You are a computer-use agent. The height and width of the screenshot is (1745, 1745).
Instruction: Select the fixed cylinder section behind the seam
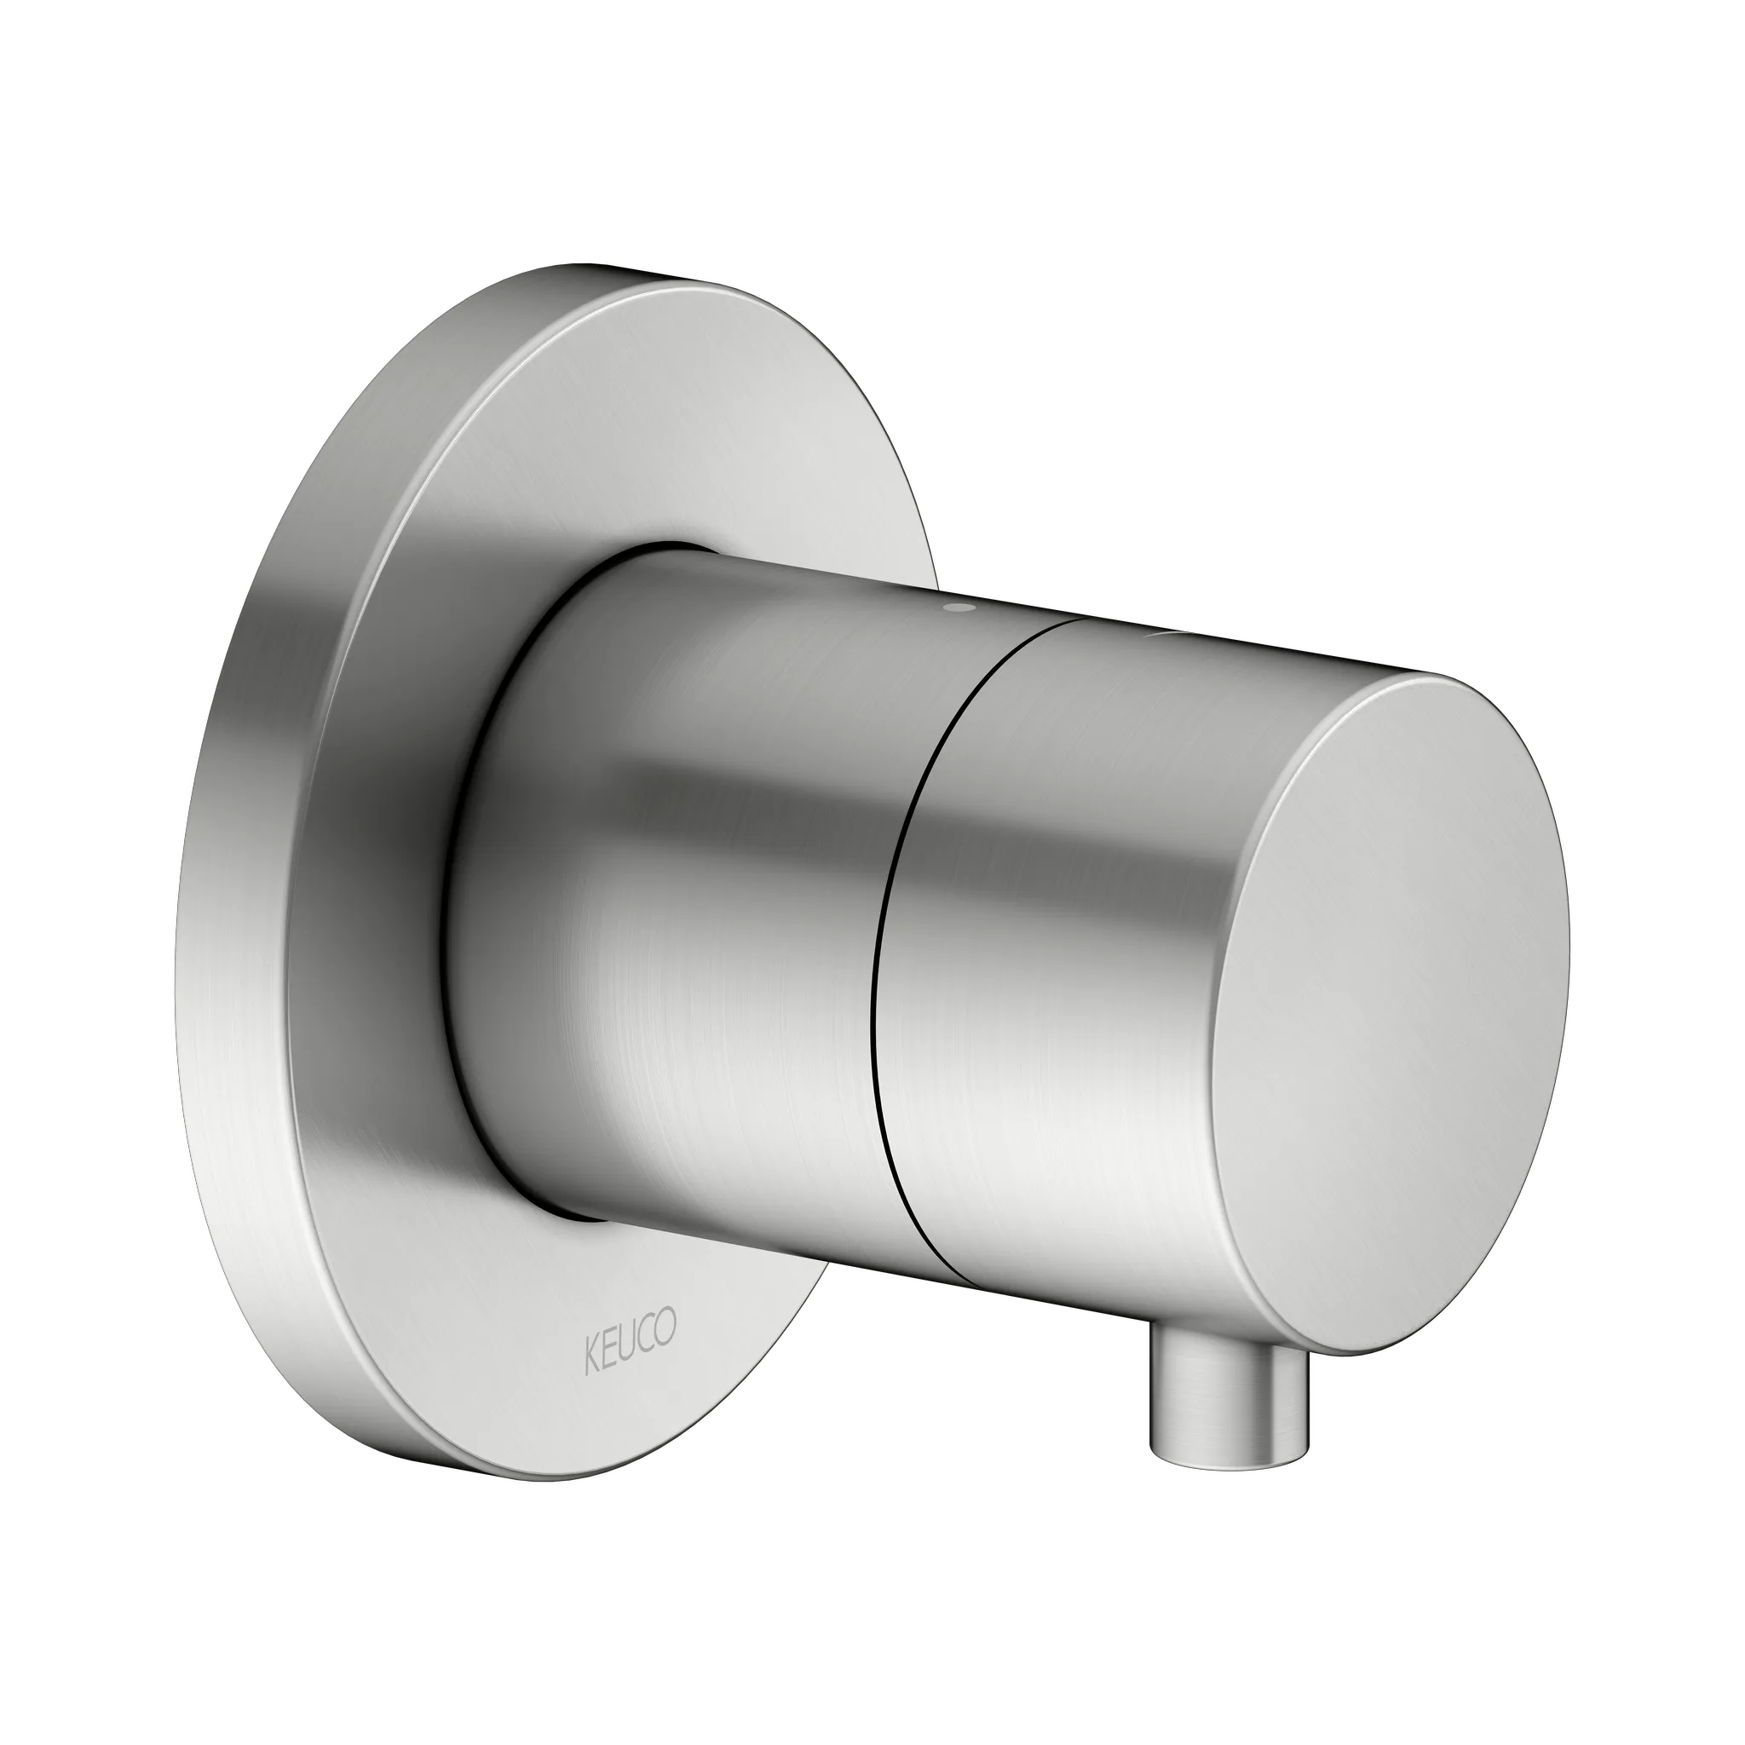coord(687,903)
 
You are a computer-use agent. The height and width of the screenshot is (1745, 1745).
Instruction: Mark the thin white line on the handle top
coord(1165,635)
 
